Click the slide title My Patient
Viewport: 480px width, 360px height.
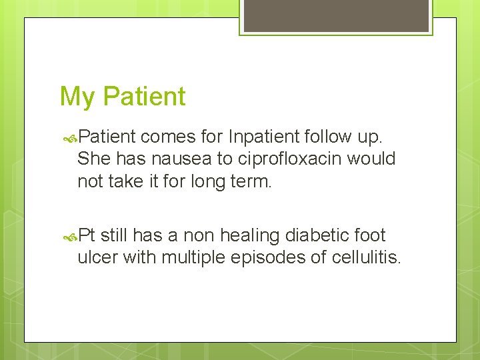coord(123,97)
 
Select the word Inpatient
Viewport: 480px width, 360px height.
coord(263,137)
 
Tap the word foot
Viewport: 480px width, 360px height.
coord(371,235)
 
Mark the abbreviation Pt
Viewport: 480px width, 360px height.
coord(87,235)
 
